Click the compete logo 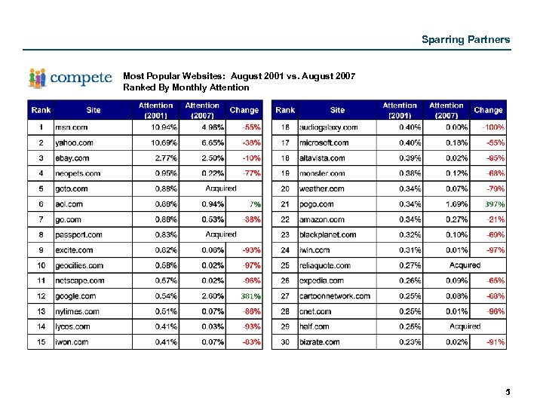[x=70, y=78]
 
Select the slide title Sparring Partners [x=465, y=39]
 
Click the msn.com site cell [x=72, y=127]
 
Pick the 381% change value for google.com [x=250, y=296]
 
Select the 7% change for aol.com [x=256, y=204]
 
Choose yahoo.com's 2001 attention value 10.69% [x=164, y=142]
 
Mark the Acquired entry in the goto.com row [x=221, y=188]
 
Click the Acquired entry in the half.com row [x=465, y=326]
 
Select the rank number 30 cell [x=285, y=342]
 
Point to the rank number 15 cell [x=41, y=342]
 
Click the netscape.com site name [x=79, y=280]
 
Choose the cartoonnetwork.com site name [x=335, y=296]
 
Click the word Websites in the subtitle [x=202, y=77]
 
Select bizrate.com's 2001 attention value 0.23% [x=409, y=342]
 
